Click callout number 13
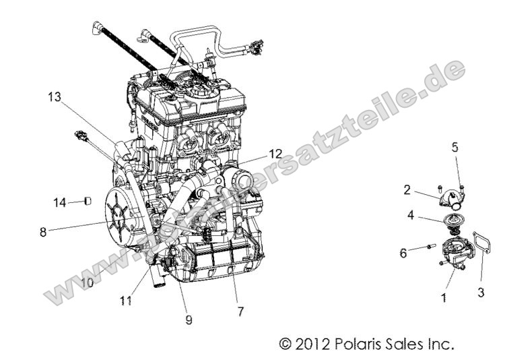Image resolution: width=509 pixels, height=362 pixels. [54, 97]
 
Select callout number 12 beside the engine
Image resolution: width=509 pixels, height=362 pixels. [257, 153]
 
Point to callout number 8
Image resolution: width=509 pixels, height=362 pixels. [43, 231]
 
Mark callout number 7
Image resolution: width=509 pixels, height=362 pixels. [240, 312]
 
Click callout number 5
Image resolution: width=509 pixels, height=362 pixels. [454, 146]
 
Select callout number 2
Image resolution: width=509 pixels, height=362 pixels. [407, 189]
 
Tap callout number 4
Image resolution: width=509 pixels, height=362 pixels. [409, 216]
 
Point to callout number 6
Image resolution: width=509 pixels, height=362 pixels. [403, 253]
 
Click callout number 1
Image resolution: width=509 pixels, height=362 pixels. [444, 295]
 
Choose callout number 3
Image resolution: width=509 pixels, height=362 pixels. [481, 293]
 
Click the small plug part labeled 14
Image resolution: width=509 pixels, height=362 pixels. [88, 201]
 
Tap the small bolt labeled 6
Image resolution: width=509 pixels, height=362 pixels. [428, 249]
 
